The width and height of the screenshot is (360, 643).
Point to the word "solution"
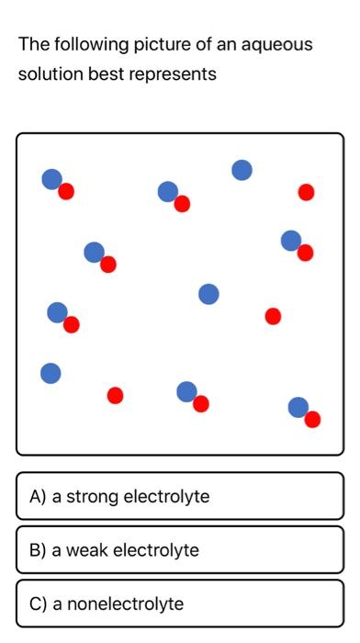(x=49, y=74)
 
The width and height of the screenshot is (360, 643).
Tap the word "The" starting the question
(x=33, y=44)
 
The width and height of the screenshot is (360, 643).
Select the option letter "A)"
(x=38, y=497)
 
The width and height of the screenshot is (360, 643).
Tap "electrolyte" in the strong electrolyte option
(x=166, y=497)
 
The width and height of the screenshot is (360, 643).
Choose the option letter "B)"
(x=38, y=550)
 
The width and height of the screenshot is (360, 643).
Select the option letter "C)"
(x=38, y=604)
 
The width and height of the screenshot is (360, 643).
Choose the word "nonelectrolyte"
(x=118, y=604)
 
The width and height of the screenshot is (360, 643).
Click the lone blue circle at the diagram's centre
(x=208, y=294)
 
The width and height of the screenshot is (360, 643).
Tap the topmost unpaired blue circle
(x=242, y=170)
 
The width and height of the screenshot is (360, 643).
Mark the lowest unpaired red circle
(x=115, y=395)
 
